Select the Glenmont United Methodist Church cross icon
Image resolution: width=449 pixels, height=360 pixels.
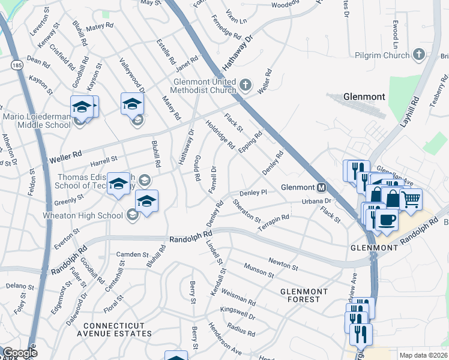(245, 85)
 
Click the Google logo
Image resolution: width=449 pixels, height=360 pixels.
(20, 353)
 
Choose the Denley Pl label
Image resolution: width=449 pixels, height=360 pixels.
(253, 193)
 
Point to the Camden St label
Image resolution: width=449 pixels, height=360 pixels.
(131, 254)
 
